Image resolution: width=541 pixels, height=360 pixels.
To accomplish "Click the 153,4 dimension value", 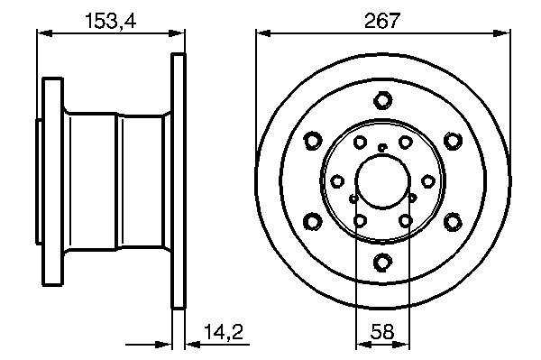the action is (110, 21).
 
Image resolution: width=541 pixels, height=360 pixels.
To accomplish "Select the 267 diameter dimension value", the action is (382, 21).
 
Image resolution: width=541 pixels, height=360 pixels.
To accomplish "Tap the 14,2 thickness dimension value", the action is (224, 332).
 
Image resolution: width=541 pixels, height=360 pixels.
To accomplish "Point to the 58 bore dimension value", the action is (382, 332).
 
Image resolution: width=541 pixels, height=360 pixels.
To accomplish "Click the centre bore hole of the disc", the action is (382, 180).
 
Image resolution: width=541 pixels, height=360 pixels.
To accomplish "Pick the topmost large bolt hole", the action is (382, 100).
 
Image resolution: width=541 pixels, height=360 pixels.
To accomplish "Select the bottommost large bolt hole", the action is (382, 262).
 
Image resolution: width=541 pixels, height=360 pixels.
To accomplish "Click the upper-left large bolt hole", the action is (313, 141).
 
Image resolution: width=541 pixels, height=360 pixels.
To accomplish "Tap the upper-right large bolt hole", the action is (453, 141).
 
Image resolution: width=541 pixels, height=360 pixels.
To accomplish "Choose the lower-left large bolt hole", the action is (313, 221).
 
